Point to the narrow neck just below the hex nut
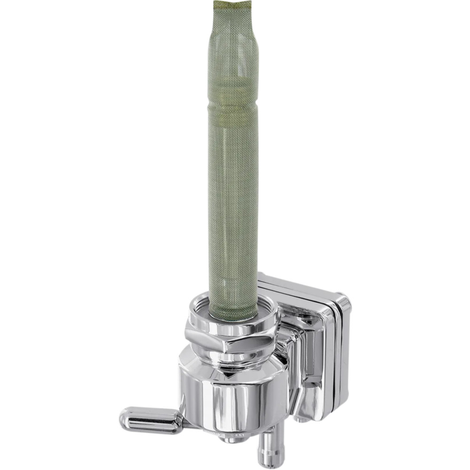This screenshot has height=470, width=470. [x=230, y=361]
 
